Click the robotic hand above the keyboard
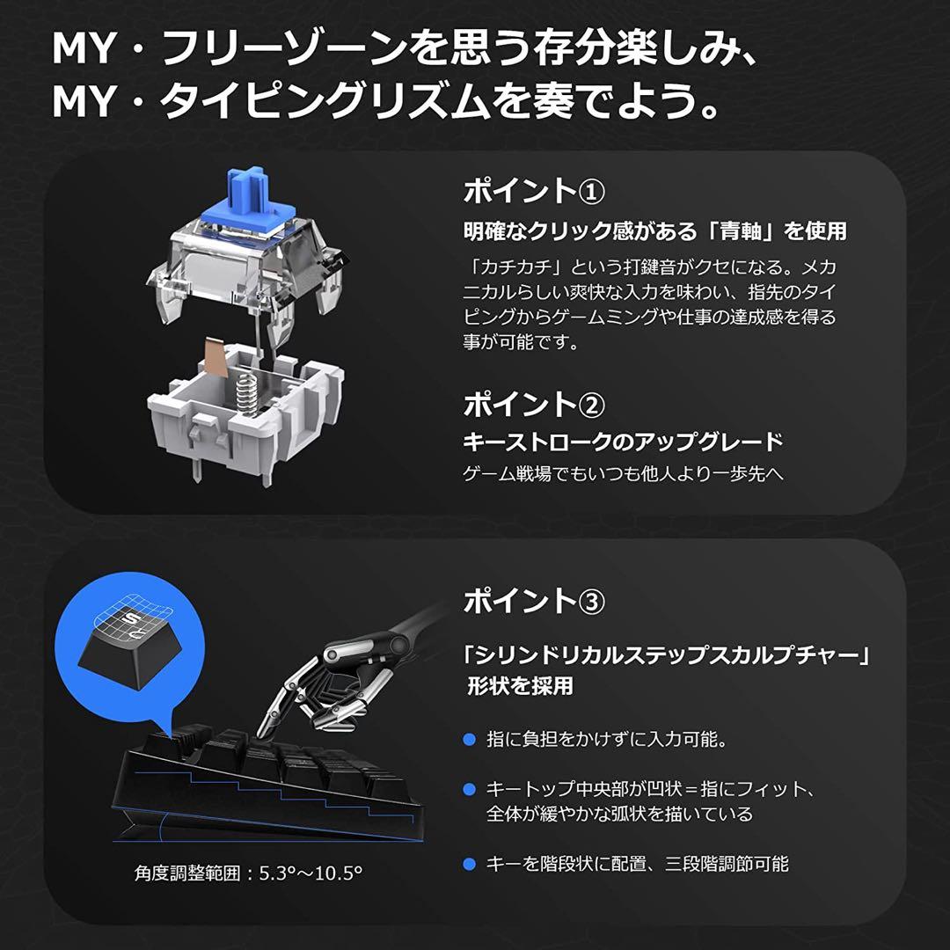point(343,677)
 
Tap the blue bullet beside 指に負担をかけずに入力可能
point(469,740)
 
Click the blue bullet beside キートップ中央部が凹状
point(469,789)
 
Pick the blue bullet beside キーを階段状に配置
point(469,864)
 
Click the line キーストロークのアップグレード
point(623,442)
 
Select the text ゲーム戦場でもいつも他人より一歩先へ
point(623,474)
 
